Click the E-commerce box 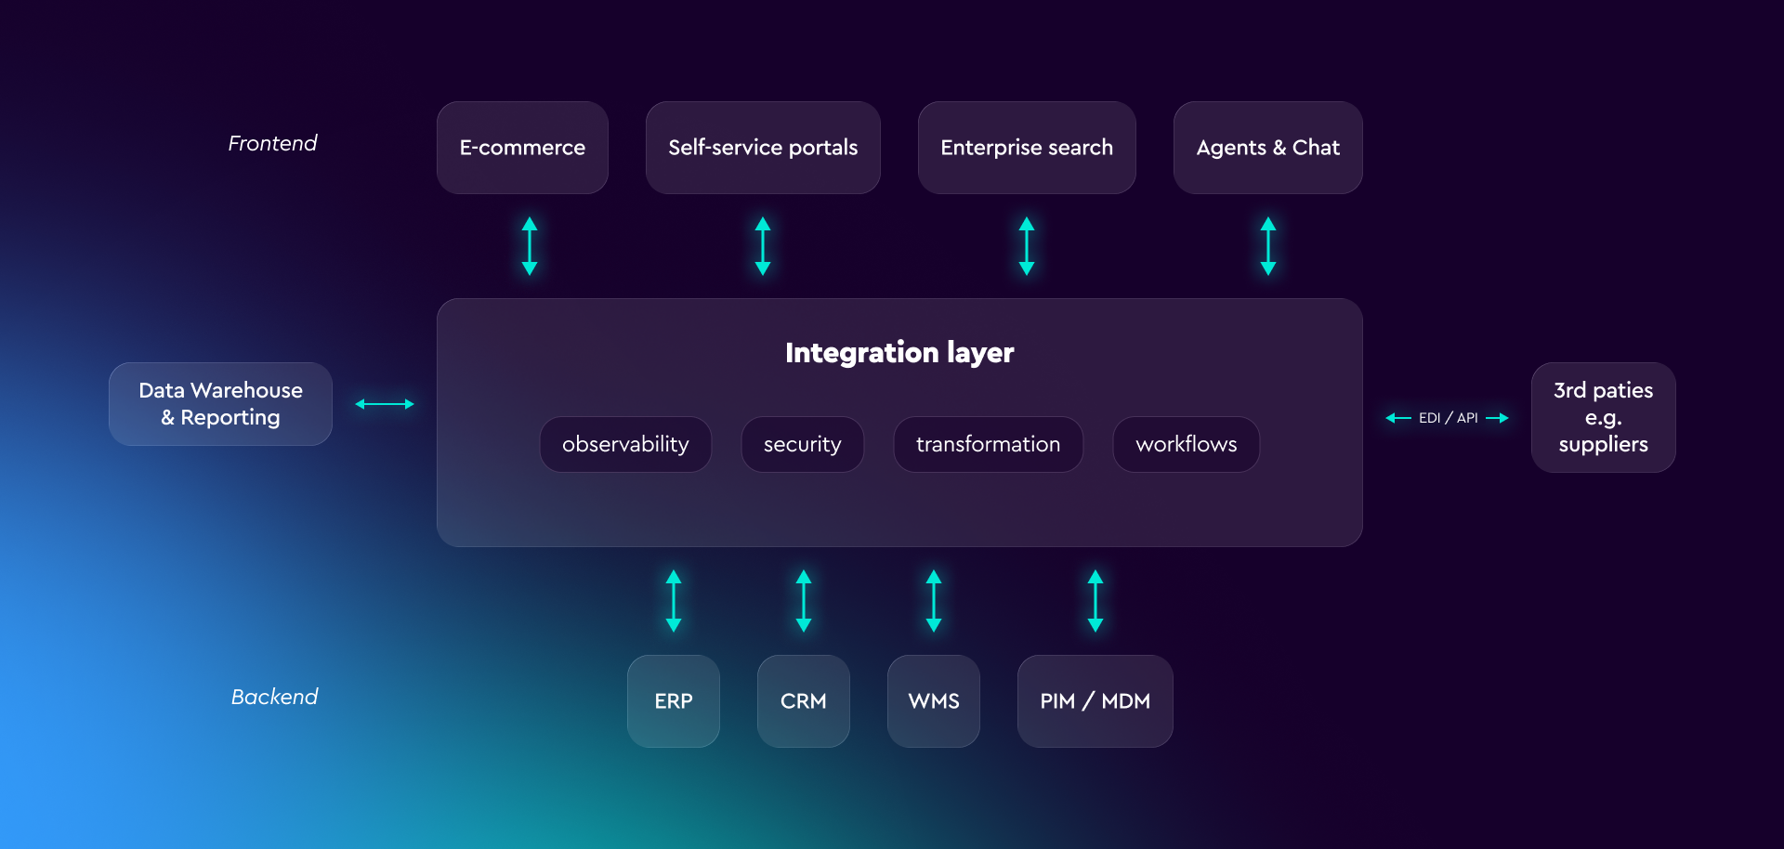pyautogui.click(x=522, y=148)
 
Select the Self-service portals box pyautogui.click(x=763, y=148)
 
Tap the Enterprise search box pyautogui.click(x=1027, y=148)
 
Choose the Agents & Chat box pyautogui.click(x=1267, y=148)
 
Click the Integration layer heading pyautogui.click(x=899, y=353)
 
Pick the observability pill pyautogui.click(x=625, y=445)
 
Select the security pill pyautogui.click(x=802, y=445)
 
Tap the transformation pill pyautogui.click(x=988, y=445)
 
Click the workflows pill pyautogui.click(x=1186, y=445)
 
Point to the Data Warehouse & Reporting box pyautogui.click(x=220, y=404)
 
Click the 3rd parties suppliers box pyautogui.click(x=1603, y=417)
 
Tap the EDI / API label pyautogui.click(x=1448, y=418)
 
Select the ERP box pyautogui.click(x=674, y=701)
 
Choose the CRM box pyautogui.click(x=804, y=701)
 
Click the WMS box pyautogui.click(x=934, y=701)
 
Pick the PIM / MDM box pyautogui.click(x=1095, y=701)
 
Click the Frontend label pyautogui.click(x=272, y=143)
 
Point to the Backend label pyautogui.click(x=274, y=697)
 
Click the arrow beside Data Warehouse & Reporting pyautogui.click(x=385, y=404)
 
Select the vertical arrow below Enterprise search pyautogui.click(x=1027, y=246)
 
